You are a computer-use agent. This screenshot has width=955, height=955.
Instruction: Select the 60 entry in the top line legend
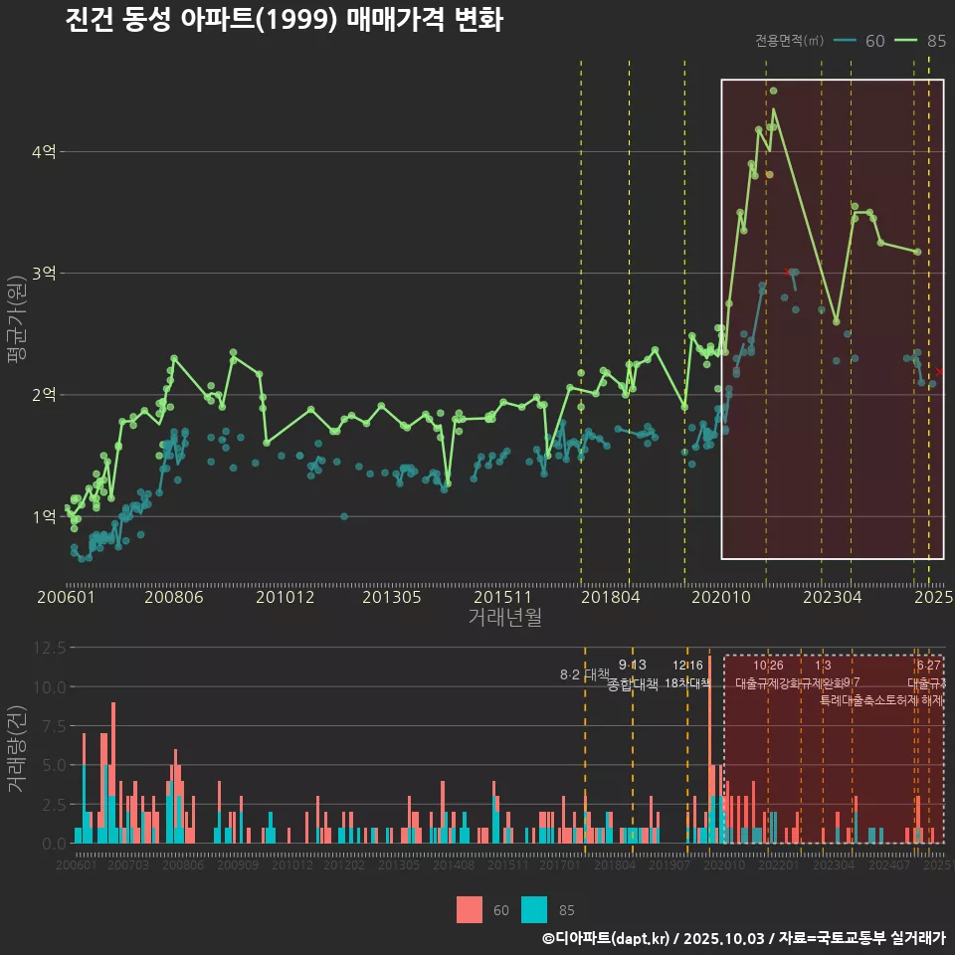point(861,41)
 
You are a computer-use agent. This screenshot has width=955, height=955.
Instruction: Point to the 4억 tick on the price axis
point(44,152)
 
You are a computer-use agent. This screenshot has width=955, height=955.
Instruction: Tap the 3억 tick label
point(44,274)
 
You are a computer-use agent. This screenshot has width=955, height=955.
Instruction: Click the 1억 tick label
point(44,516)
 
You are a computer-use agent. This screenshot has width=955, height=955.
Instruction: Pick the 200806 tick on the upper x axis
point(174,598)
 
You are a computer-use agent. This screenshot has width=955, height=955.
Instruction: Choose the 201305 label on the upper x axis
point(391,598)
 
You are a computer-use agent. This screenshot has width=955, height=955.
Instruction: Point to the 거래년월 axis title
point(504,618)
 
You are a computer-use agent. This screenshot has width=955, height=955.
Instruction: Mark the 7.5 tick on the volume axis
point(52,726)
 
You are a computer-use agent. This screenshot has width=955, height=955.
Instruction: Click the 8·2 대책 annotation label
point(584,674)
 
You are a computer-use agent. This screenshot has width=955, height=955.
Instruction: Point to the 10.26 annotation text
point(768,666)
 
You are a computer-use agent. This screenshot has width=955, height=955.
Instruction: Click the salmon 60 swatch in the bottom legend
point(469,909)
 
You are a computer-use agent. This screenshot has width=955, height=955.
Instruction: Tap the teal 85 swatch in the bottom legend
point(534,909)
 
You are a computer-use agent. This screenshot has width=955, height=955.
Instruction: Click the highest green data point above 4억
point(773,91)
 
